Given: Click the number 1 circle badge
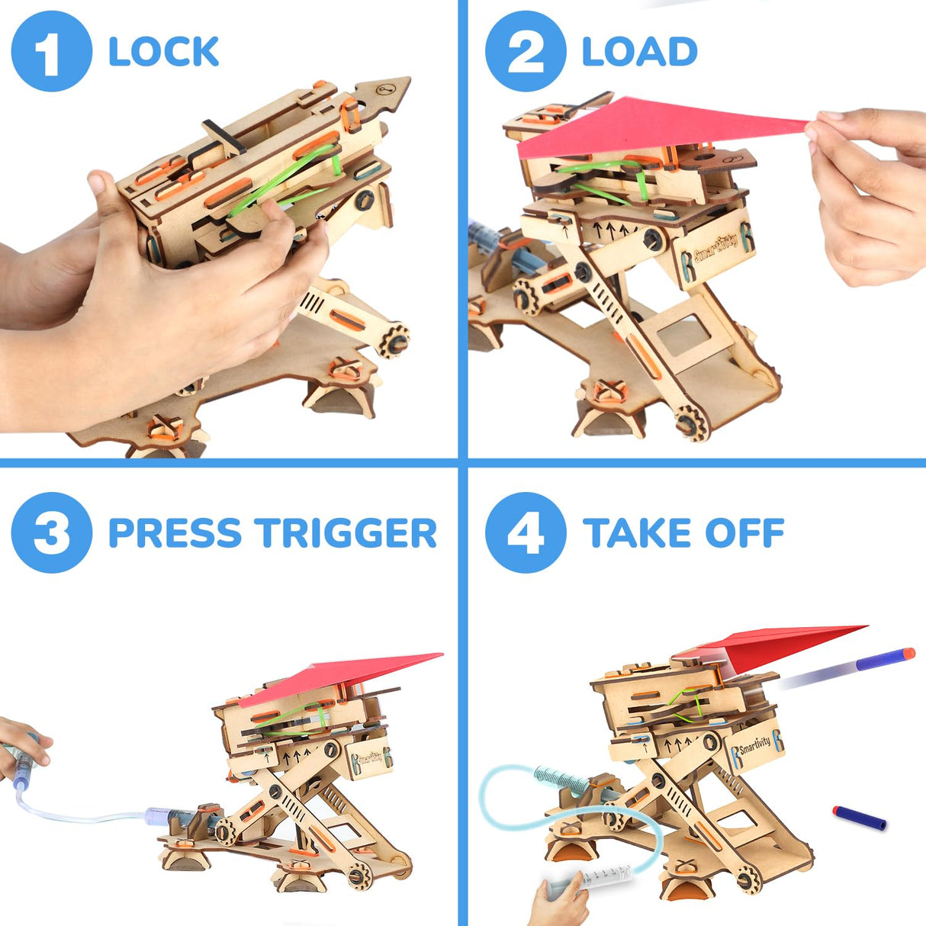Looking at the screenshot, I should (51, 52).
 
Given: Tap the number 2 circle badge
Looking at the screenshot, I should (526, 52).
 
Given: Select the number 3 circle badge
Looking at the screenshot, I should (51, 532).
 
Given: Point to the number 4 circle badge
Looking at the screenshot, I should (526, 532).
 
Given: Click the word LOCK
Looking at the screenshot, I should (163, 52).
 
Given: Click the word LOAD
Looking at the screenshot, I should (639, 52).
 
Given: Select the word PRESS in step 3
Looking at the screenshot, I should (175, 532).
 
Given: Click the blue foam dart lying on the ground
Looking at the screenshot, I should (859, 818).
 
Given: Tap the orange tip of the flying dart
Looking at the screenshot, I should (906, 654).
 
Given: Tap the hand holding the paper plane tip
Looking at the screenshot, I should (870, 191).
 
